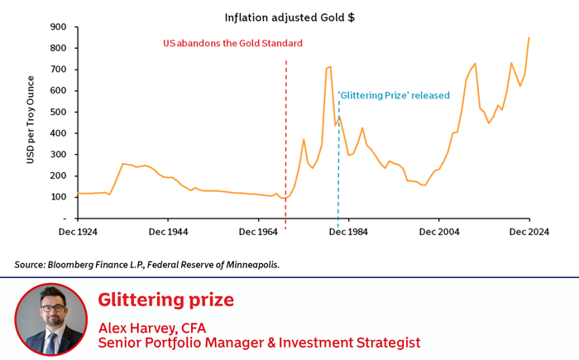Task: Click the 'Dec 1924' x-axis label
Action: click(78, 233)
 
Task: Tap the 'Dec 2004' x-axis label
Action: click(438, 233)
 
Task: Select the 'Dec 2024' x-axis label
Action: click(529, 233)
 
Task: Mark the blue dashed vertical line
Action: click(338, 166)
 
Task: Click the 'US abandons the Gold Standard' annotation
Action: click(232, 43)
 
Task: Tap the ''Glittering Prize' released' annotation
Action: click(394, 94)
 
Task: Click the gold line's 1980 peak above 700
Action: click(329, 67)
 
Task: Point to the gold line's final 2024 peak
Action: click(529, 37)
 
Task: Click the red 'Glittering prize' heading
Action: click(165, 300)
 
